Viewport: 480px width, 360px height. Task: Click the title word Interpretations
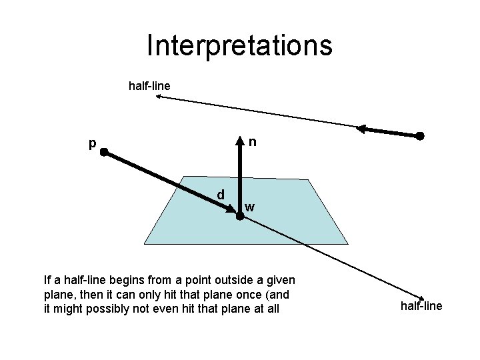[x=239, y=45]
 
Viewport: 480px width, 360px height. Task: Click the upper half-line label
[x=149, y=86]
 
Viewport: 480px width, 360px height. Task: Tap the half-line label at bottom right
[x=421, y=306]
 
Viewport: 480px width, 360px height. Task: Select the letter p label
[x=93, y=143]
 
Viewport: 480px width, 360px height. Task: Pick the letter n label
[x=253, y=142]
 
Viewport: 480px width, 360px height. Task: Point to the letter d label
[x=221, y=195]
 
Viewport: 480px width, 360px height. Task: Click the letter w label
[x=249, y=207]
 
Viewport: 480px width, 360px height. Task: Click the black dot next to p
[x=105, y=152]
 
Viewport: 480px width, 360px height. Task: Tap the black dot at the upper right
[x=420, y=136]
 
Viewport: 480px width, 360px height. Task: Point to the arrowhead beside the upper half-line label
[x=159, y=97]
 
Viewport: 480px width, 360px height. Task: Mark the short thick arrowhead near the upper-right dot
[x=361, y=128]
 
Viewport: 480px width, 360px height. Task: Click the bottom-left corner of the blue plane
[x=145, y=243]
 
